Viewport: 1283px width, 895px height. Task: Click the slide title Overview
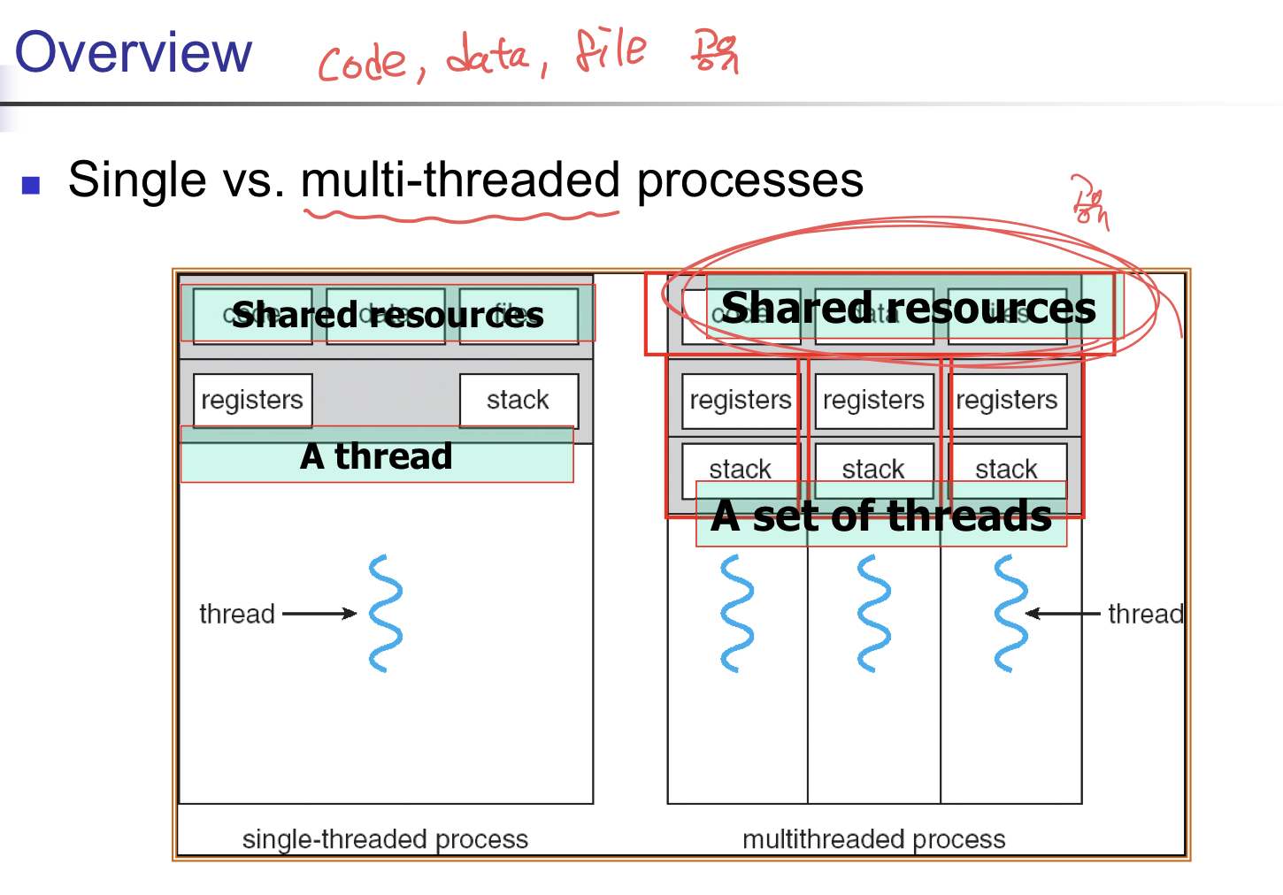click(x=134, y=52)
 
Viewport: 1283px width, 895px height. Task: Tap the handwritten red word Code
click(x=363, y=63)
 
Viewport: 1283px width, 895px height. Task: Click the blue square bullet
click(x=32, y=185)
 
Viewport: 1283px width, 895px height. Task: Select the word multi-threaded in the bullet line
click(x=460, y=180)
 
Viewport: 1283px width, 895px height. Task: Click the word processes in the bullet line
click(x=749, y=180)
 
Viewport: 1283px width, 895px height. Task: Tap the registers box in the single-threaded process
click(x=252, y=400)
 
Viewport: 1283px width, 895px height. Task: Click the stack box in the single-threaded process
click(x=519, y=400)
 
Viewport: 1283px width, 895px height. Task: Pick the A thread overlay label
click(x=377, y=456)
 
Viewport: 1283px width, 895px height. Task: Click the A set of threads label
click(x=881, y=516)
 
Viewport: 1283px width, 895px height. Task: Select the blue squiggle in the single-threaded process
click(x=386, y=613)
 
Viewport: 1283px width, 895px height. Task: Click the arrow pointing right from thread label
click(x=319, y=613)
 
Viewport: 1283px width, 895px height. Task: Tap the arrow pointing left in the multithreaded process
click(x=1063, y=613)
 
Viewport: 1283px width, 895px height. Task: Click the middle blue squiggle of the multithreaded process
click(x=873, y=613)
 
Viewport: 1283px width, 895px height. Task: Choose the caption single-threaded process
click(x=385, y=838)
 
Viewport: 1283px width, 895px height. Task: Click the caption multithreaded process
click(x=873, y=838)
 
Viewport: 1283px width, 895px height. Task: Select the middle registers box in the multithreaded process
click(x=873, y=401)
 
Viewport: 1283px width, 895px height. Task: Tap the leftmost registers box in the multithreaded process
click(x=740, y=401)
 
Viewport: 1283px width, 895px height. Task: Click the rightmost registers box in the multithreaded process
click(x=1007, y=401)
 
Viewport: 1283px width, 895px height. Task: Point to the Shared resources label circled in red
click(x=909, y=308)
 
